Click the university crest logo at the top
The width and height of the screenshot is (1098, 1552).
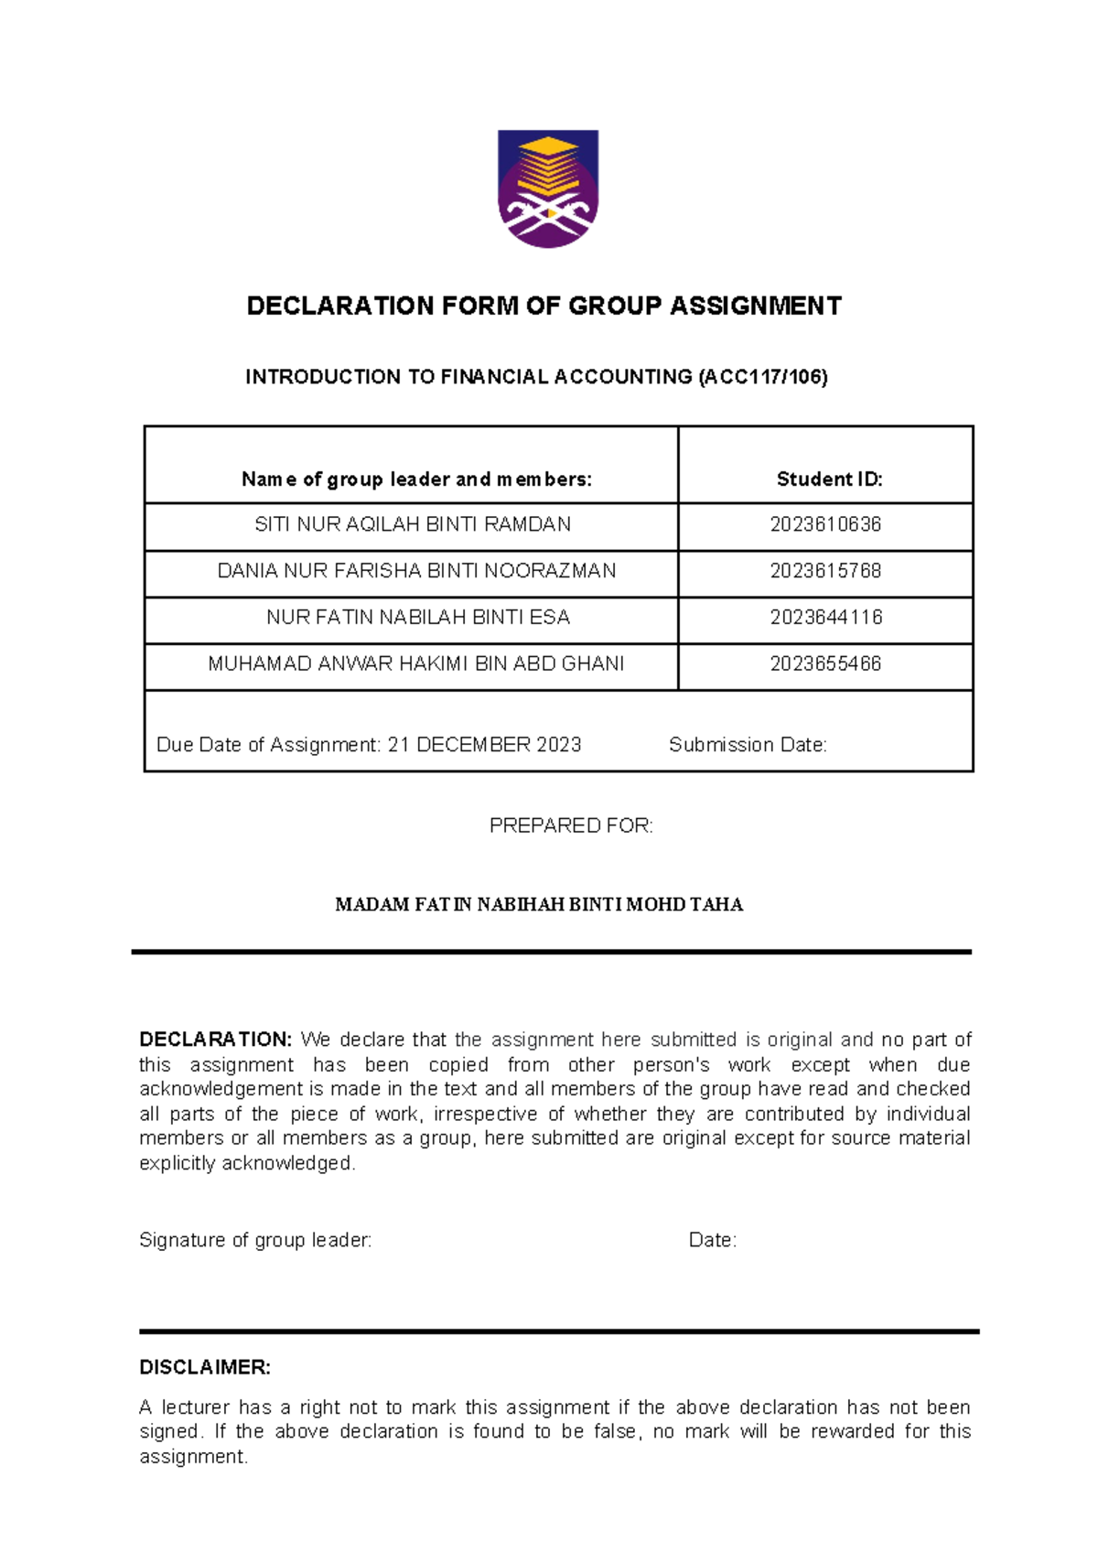pos(547,189)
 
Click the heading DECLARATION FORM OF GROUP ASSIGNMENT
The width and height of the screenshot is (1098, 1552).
pos(544,306)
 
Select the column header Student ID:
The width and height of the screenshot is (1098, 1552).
pos(829,479)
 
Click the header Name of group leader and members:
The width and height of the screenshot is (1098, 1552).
pos(416,479)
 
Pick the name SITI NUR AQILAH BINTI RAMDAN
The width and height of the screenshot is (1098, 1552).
pos(413,524)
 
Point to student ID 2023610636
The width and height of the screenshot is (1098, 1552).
pos(825,524)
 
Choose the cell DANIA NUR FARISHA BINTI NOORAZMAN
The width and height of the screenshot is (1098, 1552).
pos(416,571)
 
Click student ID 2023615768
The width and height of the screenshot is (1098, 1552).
pos(825,571)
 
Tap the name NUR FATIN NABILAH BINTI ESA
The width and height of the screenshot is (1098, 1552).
pos(418,618)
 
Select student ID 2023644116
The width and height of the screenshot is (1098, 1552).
pos(825,618)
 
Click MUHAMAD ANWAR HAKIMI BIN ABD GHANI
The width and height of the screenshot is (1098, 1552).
pos(416,664)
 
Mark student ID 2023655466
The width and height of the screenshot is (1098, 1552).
pos(825,664)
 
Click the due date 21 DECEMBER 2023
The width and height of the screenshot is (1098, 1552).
pos(484,745)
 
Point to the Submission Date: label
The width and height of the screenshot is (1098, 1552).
pos(748,745)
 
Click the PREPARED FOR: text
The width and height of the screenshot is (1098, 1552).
pos(571,825)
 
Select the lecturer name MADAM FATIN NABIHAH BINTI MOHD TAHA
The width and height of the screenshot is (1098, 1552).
pos(539,905)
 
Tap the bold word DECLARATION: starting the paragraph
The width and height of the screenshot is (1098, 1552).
pos(215,1040)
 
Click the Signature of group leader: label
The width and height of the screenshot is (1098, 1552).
pos(255,1240)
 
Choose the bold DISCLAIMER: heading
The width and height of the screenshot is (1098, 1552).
pos(205,1367)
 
